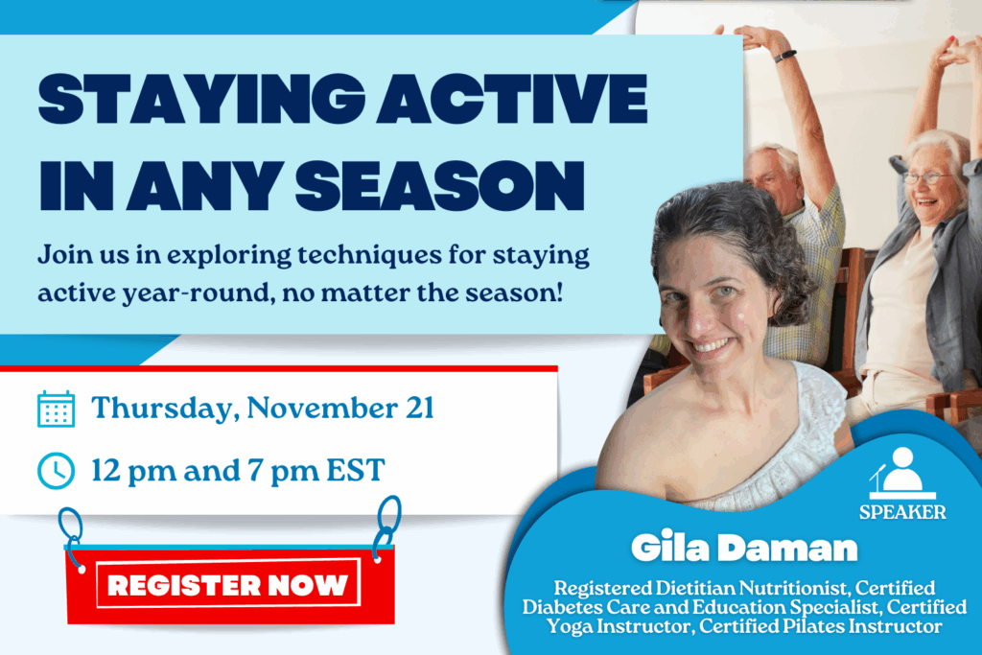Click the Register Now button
click(x=227, y=583)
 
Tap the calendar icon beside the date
click(x=56, y=409)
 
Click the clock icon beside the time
click(x=56, y=470)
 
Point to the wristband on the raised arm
click(x=785, y=56)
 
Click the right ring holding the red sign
click(x=387, y=526)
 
